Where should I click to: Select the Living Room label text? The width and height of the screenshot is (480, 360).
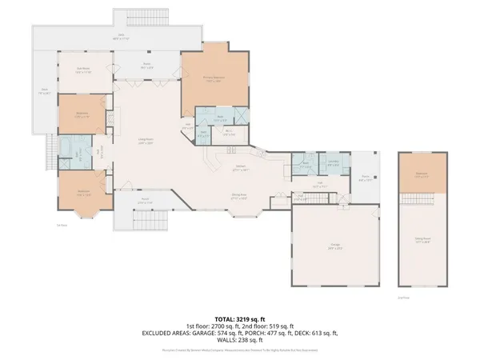coord(146,141)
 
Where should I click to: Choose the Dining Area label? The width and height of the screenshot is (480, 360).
coord(239,195)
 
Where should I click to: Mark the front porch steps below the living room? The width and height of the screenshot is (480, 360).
coord(152,219)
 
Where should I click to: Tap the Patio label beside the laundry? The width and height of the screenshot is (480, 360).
coord(364,179)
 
